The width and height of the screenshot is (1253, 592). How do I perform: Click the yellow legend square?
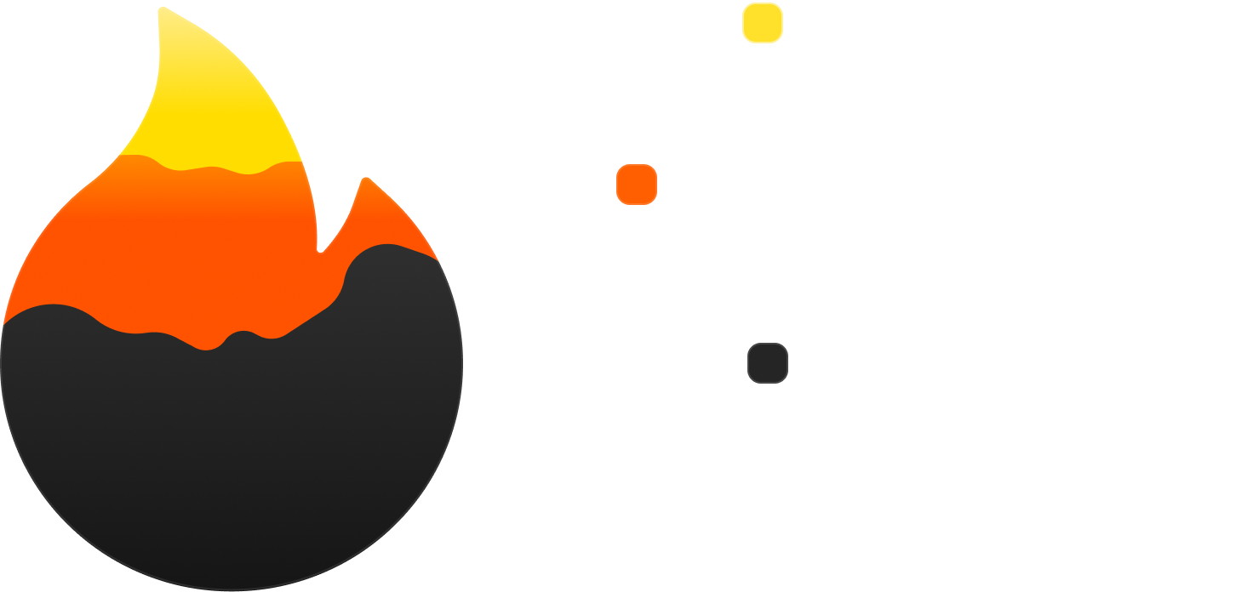[762, 23]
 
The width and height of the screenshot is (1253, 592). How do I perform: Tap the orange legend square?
[637, 185]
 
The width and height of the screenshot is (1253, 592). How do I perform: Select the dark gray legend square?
[767, 363]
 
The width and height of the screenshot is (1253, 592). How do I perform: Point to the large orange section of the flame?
[170, 247]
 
